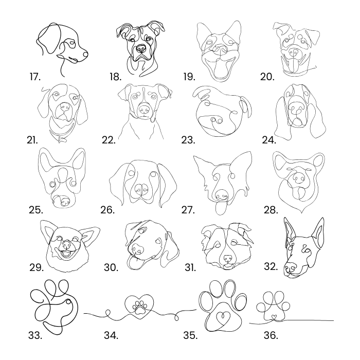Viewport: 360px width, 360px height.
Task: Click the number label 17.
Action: point(35,77)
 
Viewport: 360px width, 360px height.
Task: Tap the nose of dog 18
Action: point(140,48)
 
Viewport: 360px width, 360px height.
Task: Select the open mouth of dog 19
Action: point(220,67)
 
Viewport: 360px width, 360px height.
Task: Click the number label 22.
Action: point(108,140)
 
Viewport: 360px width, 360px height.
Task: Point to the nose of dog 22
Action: point(144,109)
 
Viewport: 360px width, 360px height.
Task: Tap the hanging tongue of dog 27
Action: point(221,208)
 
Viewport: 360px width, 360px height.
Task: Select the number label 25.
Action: point(36,210)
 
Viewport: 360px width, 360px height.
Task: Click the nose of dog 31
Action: point(228,258)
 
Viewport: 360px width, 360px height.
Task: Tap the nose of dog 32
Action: point(290,266)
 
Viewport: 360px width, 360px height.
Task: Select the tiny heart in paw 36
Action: point(273,317)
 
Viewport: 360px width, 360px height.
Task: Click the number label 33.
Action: point(35,335)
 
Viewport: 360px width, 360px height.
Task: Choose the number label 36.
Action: point(271,335)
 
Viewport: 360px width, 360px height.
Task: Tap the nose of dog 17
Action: point(85,54)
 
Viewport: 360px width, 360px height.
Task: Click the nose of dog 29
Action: point(67,245)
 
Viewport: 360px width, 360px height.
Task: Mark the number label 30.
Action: point(111,268)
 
